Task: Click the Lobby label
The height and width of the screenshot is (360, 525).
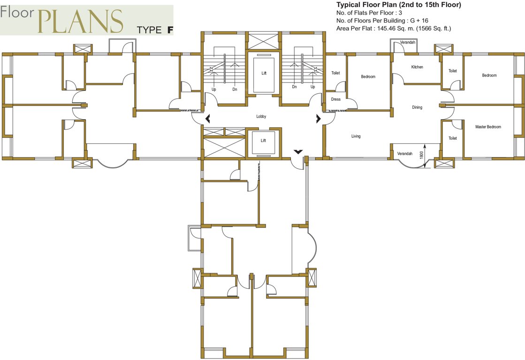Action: (261, 116)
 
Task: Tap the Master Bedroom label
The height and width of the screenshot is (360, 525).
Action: (488, 127)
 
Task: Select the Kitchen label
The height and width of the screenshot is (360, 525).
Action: (417, 67)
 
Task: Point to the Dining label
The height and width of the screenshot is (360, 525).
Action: (417, 107)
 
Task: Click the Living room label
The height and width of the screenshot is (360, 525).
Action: (356, 136)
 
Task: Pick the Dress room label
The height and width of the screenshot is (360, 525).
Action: (336, 99)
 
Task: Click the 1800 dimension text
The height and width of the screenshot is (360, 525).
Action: (421, 155)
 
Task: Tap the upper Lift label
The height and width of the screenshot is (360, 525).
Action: (264, 73)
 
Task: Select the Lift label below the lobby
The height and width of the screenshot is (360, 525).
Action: (264, 141)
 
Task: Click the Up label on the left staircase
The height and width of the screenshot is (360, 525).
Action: (213, 90)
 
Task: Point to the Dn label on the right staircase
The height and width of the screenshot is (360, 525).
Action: (294, 87)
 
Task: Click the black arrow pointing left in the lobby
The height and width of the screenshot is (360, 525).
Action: (207, 119)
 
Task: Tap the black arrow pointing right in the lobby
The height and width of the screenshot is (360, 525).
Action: (318, 119)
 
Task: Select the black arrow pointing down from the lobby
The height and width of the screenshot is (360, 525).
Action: (298, 152)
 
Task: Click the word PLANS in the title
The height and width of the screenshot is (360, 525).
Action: (80, 21)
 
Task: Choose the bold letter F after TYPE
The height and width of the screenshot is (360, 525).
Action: (170, 30)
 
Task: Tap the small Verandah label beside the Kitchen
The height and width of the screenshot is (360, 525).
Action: (408, 42)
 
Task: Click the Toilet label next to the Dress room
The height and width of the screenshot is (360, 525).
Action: (335, 73)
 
